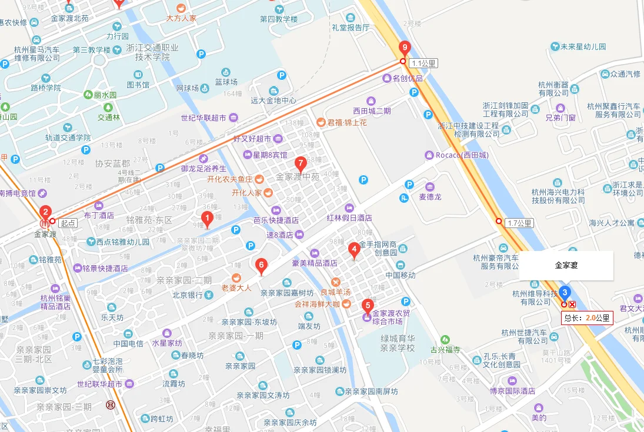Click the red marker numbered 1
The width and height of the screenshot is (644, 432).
coord(206,219)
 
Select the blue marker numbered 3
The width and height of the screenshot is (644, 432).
coord(565,292)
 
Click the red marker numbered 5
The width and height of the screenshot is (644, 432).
coord(368,305)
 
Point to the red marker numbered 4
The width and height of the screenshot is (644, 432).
coord(262,266)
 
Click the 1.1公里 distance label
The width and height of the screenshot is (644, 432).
coord(424,63)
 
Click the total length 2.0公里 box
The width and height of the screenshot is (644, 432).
coord(587,318)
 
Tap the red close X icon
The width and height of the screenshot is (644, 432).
coord(572,304)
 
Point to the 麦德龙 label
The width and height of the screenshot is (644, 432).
coord(430,197)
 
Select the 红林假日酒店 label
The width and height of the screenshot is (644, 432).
coord(349,217)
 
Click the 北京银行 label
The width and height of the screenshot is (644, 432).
coord(188,295)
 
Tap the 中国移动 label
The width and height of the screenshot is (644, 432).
coord(401,275)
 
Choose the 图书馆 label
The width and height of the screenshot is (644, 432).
coord(138,85)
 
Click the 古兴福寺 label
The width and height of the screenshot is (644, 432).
coord(449,349)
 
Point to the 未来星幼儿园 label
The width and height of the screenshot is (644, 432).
coord(582,46)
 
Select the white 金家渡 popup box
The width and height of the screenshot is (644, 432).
coord(566,266)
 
